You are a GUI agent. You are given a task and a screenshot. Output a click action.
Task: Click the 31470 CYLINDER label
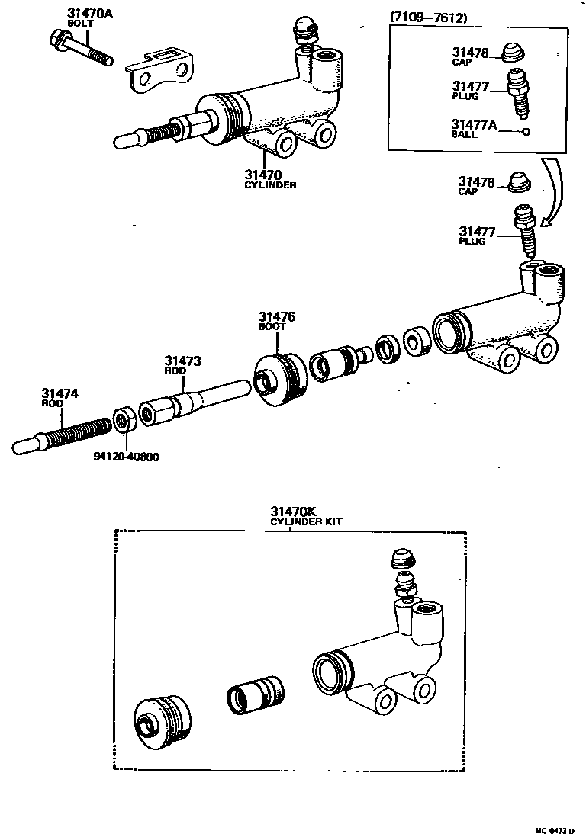pos(269,178)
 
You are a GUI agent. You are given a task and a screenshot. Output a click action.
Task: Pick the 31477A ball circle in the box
pos(526,132)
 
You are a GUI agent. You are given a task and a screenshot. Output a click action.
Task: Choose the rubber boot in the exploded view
pos(279,379)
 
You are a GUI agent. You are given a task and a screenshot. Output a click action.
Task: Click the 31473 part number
pos(183,361)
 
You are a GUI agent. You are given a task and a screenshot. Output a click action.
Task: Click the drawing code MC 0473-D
pos(554,829)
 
